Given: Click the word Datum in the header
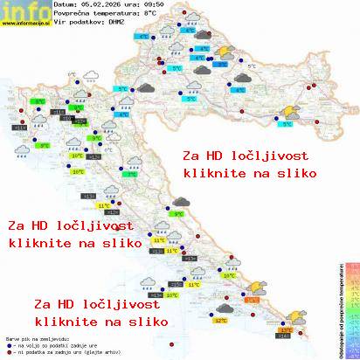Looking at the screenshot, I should [x=66, y=5].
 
